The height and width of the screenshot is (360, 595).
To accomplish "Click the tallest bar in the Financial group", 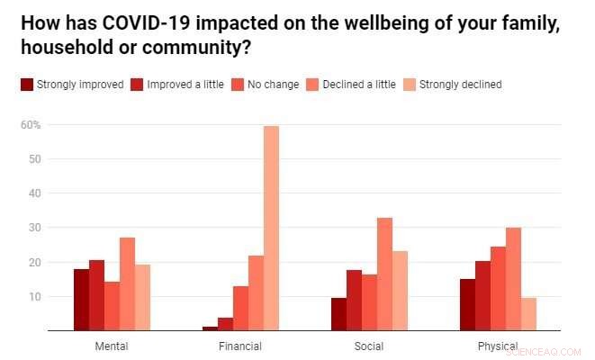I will [271, 229].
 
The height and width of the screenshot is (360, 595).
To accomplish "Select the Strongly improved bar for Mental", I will [81, 300].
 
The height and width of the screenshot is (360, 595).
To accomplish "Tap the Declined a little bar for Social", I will [384, 274].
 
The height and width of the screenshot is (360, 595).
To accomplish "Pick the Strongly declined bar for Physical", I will [528, 314].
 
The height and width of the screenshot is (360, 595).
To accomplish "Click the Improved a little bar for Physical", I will [482, 296].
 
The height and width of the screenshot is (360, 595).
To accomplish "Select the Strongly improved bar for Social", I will [338, 314].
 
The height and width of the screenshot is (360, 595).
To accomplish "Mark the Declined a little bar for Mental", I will [127, 284].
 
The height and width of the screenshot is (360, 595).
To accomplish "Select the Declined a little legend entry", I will [359, 85].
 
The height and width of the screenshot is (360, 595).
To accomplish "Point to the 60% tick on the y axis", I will [32, 125].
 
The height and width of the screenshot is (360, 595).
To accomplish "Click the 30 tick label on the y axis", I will [34, 228].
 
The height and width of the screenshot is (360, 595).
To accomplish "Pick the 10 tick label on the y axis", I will [34, 296].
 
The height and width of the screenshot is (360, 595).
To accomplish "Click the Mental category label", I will [111, 346].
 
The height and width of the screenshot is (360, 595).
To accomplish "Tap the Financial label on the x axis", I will [240, 346].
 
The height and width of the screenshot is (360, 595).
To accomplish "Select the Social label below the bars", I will [369, 346].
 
